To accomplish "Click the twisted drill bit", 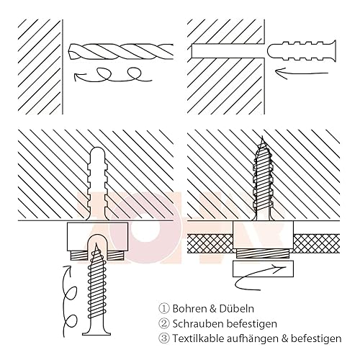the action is pyautogui.click(x=121, y=51).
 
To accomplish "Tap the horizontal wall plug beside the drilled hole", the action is pyautogui.click(x=302, y=51).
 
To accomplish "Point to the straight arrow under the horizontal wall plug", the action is pyautogui.click(x=302, y=71).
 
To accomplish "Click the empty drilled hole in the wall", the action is pyautogui.click(x=228, y=51).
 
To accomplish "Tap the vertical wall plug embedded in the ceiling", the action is pyautogui.click(x=97, y=184).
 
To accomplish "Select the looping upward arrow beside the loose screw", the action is pyautogui.click(x=70, y=300).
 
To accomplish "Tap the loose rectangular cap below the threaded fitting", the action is pyautogui.click(x=263, y=269).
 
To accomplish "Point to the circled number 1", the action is pyautogui.click(x=164, y=309).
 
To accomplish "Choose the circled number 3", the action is pyautogui.click(x=164, y=338).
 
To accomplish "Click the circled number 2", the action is pyautogui.click(x=164, y=324).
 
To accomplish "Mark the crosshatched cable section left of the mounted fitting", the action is pyautogui.click(x=210, y=243).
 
